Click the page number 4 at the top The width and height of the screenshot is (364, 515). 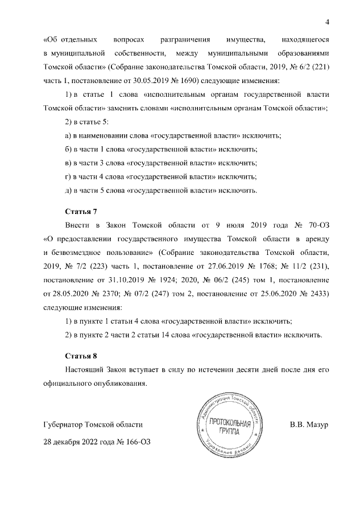pos(327,22)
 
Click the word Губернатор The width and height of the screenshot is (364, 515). pos(63,425)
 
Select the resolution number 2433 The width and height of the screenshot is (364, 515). pos(314,294)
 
